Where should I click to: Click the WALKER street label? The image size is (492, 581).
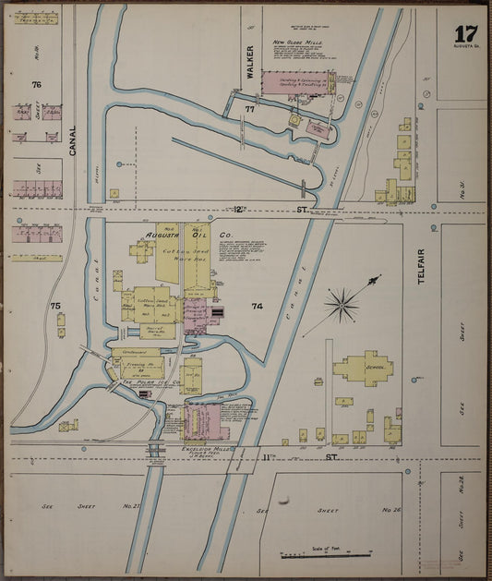249,61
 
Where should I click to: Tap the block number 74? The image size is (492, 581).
257,305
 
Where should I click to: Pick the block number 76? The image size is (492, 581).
36,84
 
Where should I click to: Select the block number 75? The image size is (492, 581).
55,305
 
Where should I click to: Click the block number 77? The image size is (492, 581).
249,109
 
